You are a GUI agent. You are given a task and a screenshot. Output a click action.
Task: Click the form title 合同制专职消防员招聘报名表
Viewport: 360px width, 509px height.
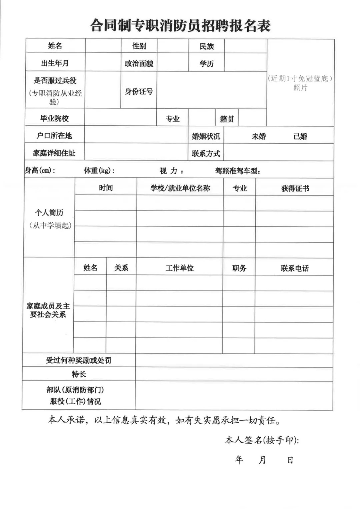[x=180, y=26]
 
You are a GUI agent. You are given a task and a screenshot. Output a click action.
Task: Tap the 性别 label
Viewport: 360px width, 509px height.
[x=139, y=46]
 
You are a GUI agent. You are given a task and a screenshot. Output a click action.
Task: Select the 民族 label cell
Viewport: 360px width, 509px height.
[x=207, y=46]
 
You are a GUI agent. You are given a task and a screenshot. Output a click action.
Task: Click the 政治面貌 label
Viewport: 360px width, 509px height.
[x=139, y=64]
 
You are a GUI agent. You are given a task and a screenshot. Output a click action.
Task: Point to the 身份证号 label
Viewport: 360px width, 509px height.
[x=139, y=91]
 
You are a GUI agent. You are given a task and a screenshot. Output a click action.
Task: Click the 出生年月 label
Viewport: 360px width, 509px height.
[x=55, y=63]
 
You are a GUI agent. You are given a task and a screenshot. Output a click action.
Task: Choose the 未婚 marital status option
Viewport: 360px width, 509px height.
[x=259, y=136]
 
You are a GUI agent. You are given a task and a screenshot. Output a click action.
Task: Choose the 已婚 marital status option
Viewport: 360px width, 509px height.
[x=300, y=136]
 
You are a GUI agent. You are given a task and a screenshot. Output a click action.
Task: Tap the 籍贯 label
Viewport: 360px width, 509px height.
[x=227, y=119]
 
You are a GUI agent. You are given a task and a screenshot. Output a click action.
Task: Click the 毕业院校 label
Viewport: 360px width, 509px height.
[x=55, y=118]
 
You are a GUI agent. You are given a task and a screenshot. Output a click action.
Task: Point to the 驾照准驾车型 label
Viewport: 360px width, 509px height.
[x=238, y=171]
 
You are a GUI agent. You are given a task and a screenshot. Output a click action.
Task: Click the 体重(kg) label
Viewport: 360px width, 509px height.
[x=99, y=171]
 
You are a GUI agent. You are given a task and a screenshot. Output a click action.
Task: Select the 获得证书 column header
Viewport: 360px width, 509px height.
[x=295, y=188]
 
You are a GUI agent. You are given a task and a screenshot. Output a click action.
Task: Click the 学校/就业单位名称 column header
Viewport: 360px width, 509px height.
[x=180, y=188]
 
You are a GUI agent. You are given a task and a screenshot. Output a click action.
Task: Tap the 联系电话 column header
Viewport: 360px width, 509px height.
[x=295, y=268]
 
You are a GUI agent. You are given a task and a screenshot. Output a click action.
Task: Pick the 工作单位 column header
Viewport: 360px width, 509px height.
[x=180, y=268]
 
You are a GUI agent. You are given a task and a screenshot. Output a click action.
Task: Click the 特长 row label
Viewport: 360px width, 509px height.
[x=79, y=374]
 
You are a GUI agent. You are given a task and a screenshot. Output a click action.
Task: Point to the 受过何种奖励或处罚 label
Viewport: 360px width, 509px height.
[x=79, y=360]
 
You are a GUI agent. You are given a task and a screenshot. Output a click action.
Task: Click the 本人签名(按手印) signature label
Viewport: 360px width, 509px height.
[x=262, y=440]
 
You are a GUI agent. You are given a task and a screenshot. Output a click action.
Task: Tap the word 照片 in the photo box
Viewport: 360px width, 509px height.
[x=300, y=88]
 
